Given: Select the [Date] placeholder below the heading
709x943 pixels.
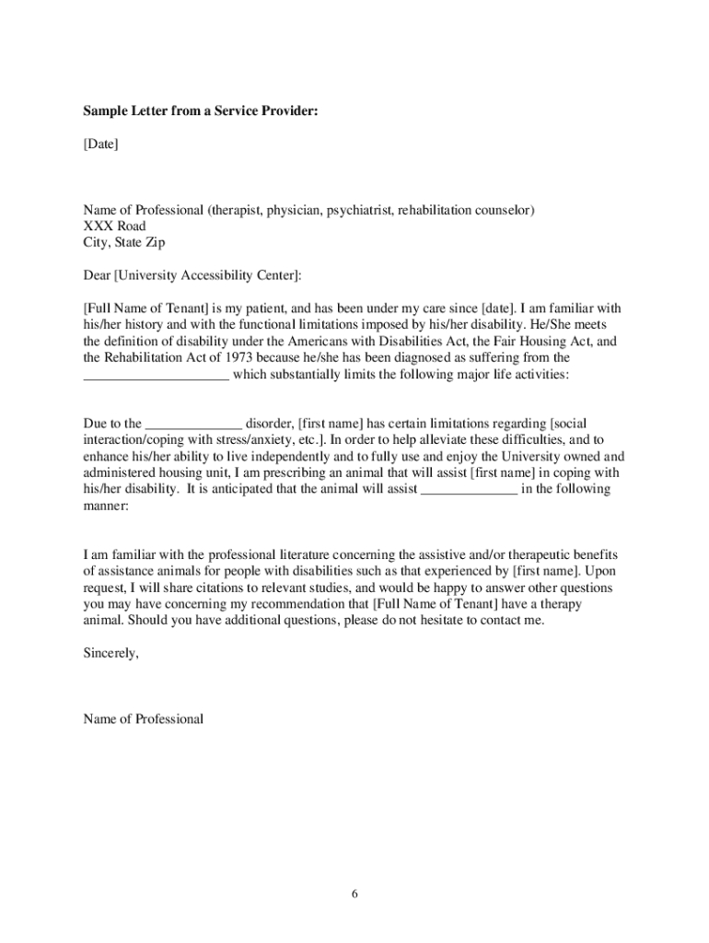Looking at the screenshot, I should [x=100, y=145].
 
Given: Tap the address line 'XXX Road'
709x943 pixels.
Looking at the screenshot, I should [x=114, y=227].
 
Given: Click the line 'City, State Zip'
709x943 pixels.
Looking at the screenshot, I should [x=125, y=243].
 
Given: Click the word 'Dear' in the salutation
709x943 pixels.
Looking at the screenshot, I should [x=97, y=275].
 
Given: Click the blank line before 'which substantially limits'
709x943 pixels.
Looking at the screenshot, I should [x=156, y=375].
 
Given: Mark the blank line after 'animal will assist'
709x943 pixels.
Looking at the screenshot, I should [x=469, y=490].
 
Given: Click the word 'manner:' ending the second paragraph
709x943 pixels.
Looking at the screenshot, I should [x=106, y=506].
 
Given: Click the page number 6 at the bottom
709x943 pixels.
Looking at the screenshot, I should [x=354, y=894].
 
